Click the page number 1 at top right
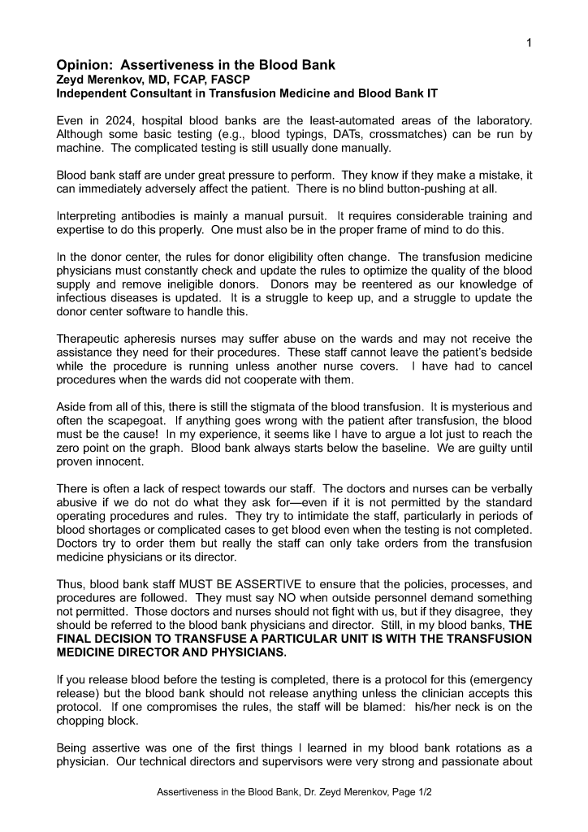(x=529, y=43)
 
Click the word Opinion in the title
(x=84, y=64)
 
